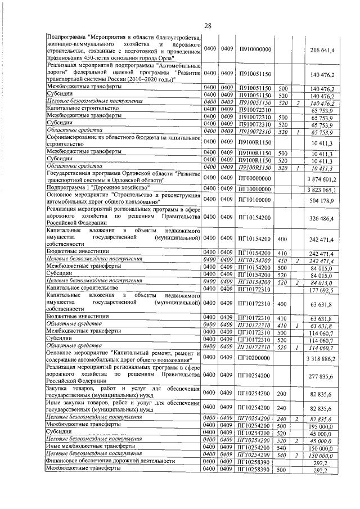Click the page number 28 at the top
[x=207, y=26]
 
